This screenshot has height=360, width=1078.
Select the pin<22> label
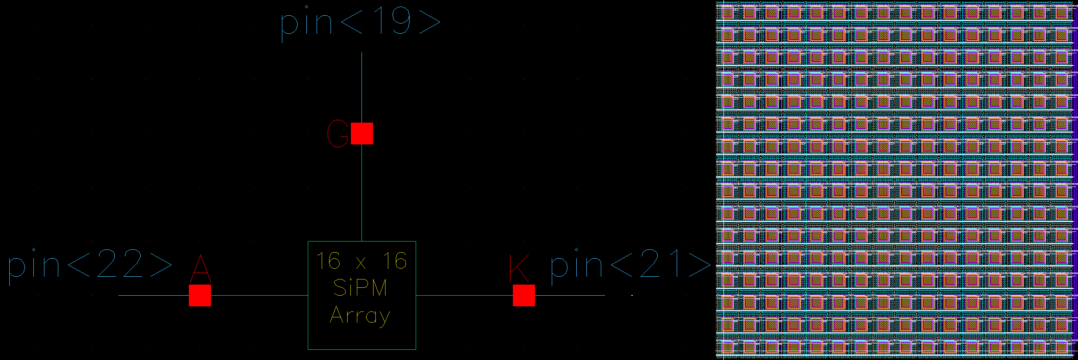click(x=90, y=264)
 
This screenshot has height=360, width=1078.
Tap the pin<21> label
click(x=630, y=264)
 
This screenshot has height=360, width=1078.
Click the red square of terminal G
click(x=361, y=133)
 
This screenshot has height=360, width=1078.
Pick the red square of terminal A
click(x=200, y=295)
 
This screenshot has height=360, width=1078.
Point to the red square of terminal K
click(x=523, y=295)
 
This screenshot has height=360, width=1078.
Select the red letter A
click(x=200, y=269)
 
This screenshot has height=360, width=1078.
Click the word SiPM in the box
click(x=360, y=288)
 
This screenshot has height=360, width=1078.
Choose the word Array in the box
click(x=360, y=317)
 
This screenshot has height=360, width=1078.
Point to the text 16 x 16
click(x=361, y=261)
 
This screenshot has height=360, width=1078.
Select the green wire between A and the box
click(x=259, y=295)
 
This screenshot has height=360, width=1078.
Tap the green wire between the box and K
click(x=464, y=295)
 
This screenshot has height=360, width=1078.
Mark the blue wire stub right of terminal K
click(x=570, y=295)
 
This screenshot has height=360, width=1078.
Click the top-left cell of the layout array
click(x=727, y=12)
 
